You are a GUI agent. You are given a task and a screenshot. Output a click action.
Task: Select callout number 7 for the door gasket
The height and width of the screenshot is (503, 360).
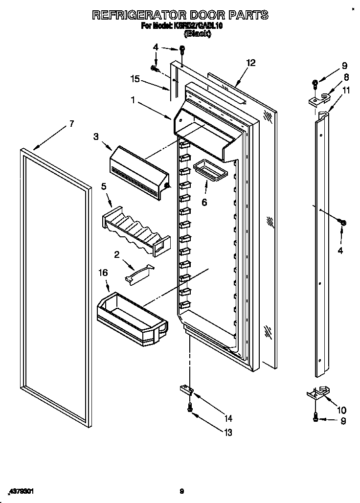pyautogui.click(x=71, y=124)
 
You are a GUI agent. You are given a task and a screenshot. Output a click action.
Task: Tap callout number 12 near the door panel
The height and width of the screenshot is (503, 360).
pyautogui.click(x=250, y=63)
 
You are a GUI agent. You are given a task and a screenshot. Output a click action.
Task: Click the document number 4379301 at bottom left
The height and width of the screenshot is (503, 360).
pyautogui.click(x=22, y=491)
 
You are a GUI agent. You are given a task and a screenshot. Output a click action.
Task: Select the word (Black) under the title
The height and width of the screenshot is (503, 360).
pyautogui.click(x=197, y=34)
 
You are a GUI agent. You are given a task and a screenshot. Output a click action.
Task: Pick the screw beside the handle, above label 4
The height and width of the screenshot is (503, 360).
pyautogui.click(x=343, y=223)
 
